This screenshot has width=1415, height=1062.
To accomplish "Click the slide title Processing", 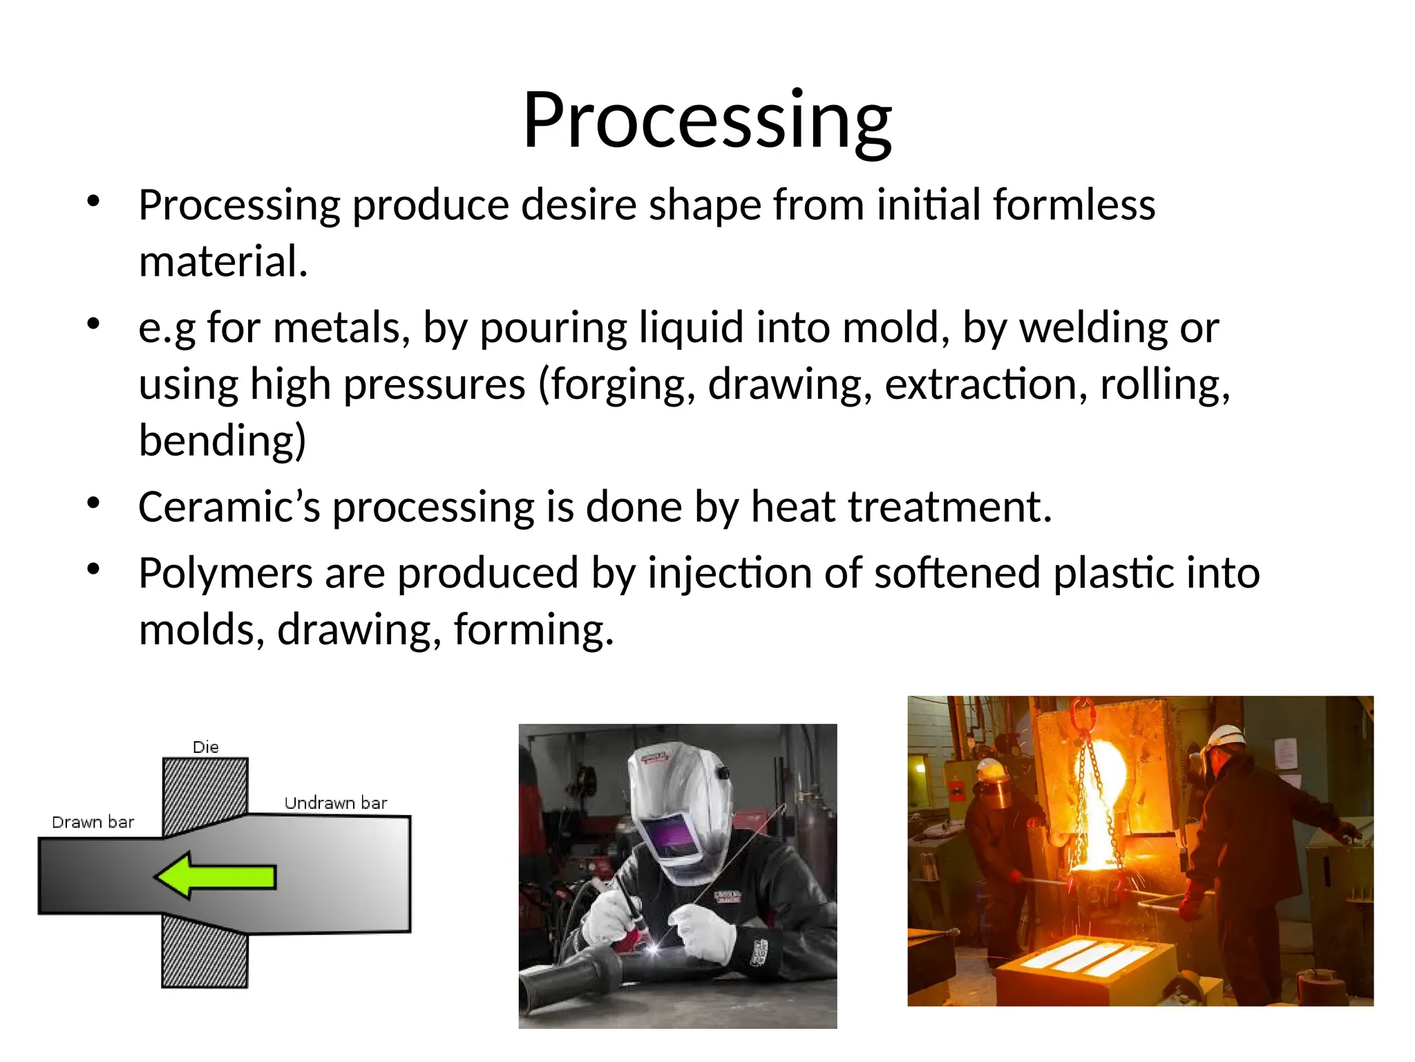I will coord(707,121).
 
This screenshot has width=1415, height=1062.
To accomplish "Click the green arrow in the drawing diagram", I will coord(216,876).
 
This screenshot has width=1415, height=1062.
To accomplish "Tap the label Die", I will coord(205,747).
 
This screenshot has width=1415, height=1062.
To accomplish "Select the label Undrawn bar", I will coord(336,803).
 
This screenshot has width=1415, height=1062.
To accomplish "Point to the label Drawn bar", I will coord(93,822).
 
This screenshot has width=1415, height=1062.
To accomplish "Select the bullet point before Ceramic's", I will coord(94,503).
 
